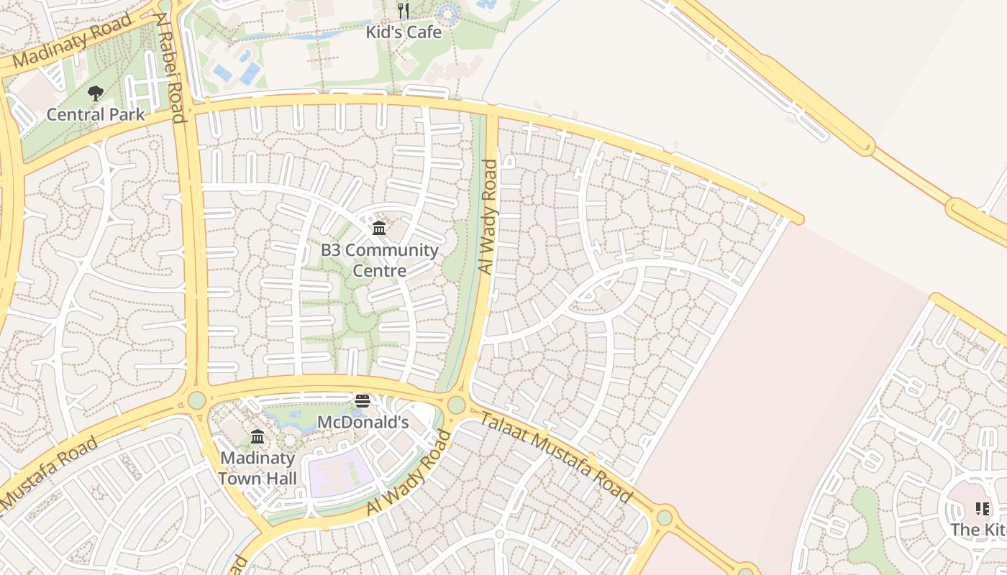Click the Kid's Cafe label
click(404, 32)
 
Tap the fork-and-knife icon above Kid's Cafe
click(404, 11)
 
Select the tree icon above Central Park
click(95, 93)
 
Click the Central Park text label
click(95, 114)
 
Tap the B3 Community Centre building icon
click(379, 229)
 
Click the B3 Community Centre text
click(379, 260)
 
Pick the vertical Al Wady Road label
click(488, 216)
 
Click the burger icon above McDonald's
click(363, 401)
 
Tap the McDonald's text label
click(363, 422)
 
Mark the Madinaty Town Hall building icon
click(257, 436)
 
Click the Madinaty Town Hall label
click(257, 468)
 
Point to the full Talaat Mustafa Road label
click(555, 457)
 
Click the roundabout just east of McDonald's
click(456, 405)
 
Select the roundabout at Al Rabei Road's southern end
click(196, 400)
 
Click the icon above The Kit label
click(983, 509)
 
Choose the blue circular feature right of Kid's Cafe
click(447, 13)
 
